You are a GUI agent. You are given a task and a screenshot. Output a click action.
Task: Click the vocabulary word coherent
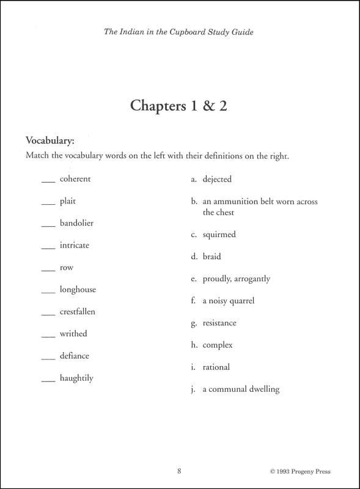point(75,179)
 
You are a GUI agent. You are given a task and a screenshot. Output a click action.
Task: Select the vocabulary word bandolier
point(76,223)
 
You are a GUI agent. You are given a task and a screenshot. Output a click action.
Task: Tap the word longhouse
point(78,290)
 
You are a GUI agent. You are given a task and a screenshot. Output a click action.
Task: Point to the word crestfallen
point(78,312)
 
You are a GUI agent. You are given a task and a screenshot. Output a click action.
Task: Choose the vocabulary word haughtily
point(76,378)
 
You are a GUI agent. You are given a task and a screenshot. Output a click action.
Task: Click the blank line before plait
point(48,204)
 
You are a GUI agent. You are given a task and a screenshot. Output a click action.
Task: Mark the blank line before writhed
point(48,337)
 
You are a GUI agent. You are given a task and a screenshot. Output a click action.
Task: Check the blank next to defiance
point(48,359)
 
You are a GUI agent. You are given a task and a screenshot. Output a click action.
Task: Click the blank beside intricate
point(48,248)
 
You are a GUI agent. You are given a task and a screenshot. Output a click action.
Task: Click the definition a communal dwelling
point(241,389)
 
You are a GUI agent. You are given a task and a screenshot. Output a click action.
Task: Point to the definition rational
point(216,367)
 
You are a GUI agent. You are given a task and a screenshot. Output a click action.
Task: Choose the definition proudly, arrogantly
point(236,279)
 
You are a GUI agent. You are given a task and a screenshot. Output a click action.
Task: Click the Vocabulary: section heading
point(50,141)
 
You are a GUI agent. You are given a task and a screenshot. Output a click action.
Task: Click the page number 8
point(179,471)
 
